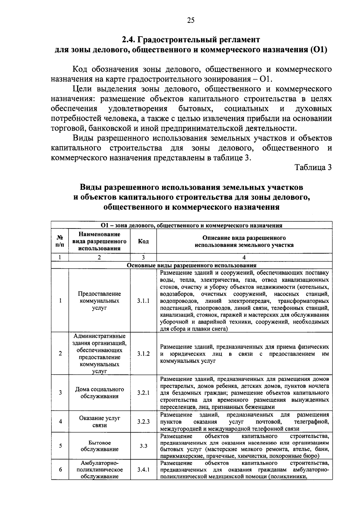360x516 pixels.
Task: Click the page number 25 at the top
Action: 191,20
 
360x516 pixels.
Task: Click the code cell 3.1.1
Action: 143,301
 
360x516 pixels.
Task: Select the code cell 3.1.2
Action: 143,354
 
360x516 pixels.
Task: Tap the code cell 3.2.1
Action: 143,393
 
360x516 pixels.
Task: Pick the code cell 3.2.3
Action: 143,422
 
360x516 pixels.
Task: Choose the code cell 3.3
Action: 143,446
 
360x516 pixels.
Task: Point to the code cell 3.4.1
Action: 143,470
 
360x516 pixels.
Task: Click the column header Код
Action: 143,242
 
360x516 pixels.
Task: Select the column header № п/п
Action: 60,241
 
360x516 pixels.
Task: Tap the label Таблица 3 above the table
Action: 313,168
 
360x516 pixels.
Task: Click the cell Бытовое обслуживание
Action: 100,446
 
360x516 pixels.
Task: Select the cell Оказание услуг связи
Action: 100,422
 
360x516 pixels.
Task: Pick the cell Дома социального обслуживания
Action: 100,393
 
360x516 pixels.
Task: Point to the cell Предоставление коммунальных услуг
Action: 100,301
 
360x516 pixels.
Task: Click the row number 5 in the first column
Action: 60,446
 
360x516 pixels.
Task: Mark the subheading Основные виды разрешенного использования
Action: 192,265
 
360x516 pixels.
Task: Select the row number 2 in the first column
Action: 60,354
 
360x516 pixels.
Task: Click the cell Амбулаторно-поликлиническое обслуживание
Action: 100,470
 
